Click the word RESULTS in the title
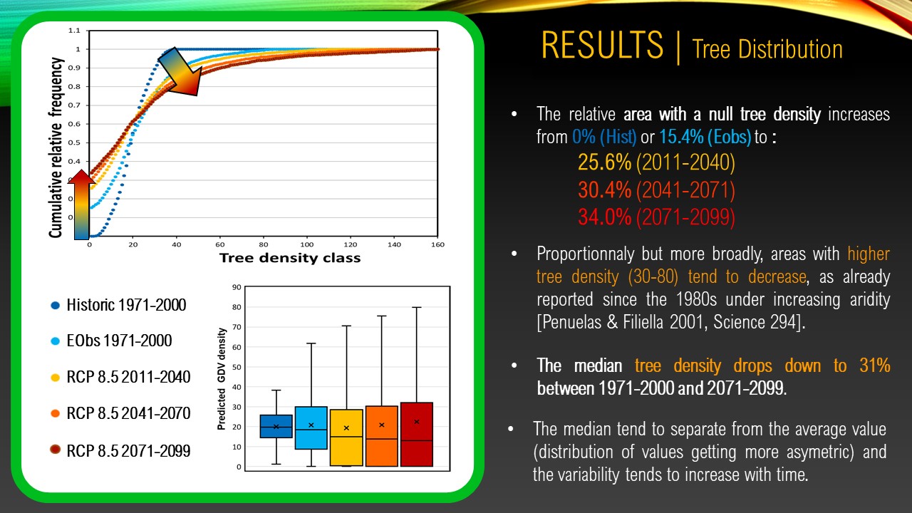[602, 45]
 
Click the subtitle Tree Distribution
[767, 50]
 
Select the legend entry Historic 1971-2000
[118, 305]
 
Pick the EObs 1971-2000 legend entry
[111, 341]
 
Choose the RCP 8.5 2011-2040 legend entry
[120, 377]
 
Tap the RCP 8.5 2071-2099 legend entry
[120, 451]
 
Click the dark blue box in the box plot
[276, 426]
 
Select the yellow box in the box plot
[346, 437]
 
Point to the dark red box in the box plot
[417, 435]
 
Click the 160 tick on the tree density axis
[437, 244]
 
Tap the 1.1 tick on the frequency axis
[74, 31]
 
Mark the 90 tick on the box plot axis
[237, 287]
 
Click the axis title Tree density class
[290, 258]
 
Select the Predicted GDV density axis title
[221, 379]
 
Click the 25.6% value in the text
[605, 162]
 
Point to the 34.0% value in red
[605, 217]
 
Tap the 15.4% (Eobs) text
[705, 137]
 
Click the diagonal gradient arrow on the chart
[180, 71]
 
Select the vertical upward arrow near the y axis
[81, 204]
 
